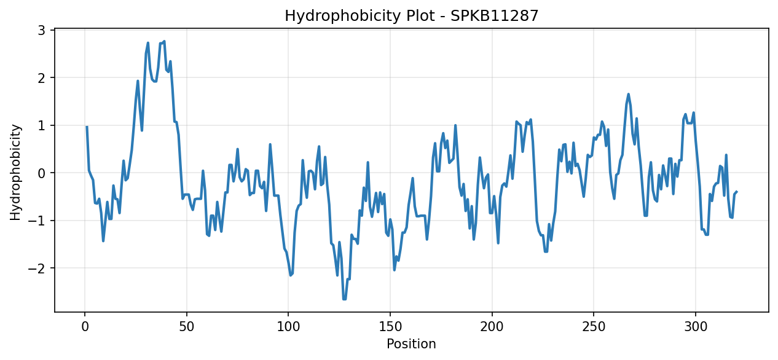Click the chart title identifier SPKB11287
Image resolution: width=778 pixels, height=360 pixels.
(494, 16)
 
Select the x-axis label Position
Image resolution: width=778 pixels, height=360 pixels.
(411, 343)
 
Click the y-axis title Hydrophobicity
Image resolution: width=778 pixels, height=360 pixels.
(15, 172)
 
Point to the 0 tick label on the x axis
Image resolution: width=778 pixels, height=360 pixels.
(85, 327)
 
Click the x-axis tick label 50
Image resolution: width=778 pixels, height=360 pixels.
(187, 327)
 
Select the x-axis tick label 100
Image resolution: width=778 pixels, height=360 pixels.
(288, 327)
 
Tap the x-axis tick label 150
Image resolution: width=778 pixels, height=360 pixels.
(390, 327)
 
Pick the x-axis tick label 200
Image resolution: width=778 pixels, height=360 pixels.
(492, 327)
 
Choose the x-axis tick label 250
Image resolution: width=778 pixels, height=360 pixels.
(594, 327)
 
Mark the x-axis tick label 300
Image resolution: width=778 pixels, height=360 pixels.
(696, 327)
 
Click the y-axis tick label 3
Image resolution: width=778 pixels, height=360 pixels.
(42, 31)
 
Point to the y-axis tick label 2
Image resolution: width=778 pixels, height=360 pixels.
(42, 78)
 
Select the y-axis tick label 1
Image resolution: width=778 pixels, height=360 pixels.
(42, 126)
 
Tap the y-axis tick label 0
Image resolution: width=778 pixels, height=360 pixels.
(42, 173)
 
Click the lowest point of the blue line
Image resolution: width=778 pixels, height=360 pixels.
(344, 299)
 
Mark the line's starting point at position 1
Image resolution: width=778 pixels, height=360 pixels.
(87, 127)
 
